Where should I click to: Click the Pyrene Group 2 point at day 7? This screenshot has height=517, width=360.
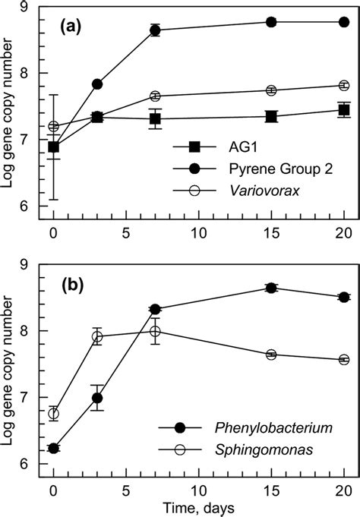coord(155,30)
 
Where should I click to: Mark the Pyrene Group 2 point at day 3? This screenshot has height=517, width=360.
coord(97,84)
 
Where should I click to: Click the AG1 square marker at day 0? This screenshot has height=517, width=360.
coord(53,147)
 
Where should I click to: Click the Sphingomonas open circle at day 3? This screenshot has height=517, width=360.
coord(97,336)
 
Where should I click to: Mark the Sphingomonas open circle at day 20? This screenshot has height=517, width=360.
coord(343,360)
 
